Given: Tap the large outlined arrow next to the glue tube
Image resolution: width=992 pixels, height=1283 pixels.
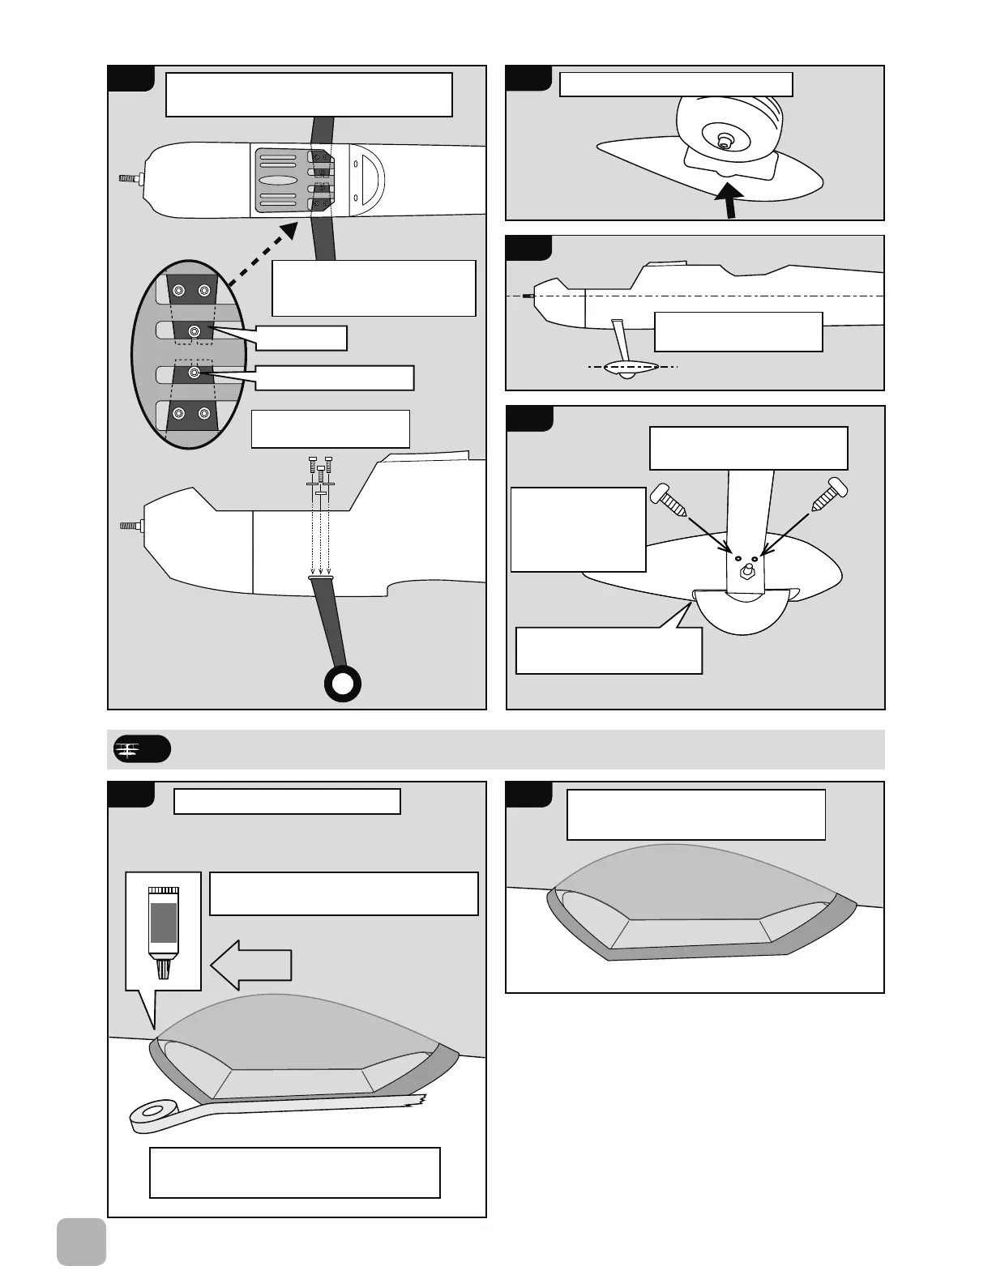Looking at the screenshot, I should click(250, 965).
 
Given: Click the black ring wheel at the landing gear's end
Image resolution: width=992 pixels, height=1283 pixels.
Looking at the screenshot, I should click(342, 684).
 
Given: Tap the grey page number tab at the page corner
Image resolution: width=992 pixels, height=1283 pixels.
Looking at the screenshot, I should click(82, 1241).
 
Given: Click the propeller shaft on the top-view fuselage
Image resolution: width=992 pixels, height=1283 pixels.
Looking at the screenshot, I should click(130, 178).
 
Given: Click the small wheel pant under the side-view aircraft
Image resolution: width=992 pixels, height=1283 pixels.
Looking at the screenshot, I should click(625, 370).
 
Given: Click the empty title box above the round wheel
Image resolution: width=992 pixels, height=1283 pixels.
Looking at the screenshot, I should click(676, 84).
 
